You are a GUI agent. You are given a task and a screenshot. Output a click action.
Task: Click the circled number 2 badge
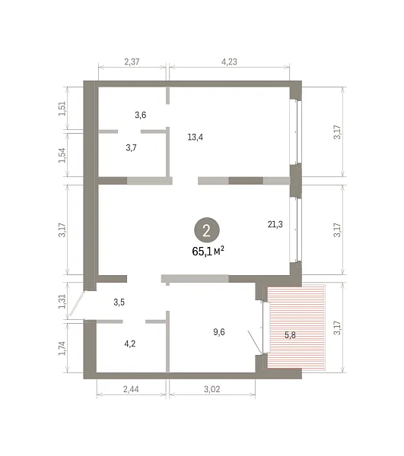click(x=207, y=230)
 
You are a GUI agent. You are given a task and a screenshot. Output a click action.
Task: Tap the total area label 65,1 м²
click(x=208, y=251)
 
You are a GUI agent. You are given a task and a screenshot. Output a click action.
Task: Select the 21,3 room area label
click(x=275, y=224)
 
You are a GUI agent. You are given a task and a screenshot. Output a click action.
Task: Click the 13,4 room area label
click(x=195, y=137)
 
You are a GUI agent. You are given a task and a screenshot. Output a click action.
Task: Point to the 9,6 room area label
click(x=219, y=332)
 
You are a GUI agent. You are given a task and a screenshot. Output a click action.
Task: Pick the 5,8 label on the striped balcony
click(x=290, y=335)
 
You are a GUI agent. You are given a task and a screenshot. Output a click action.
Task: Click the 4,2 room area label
click(x=130, y=344)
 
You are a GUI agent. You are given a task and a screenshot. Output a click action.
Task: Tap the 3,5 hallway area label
click(x=119, y=302)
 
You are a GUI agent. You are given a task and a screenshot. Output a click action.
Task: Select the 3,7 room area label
click(x=132, y=147)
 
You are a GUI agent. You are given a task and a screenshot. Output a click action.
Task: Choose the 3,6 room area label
click(x=141, y=115)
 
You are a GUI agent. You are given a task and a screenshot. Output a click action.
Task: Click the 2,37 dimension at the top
click(x=132, y=62)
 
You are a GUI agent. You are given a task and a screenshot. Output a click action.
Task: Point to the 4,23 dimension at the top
click(x=229, y=62)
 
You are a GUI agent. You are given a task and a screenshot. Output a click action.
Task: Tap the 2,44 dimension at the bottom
click(x=131, y=389)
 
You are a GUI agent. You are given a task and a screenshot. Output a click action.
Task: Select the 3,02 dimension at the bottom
click(x=212, y=389)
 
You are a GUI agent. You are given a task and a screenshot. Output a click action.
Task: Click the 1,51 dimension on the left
click(x=62, y=109)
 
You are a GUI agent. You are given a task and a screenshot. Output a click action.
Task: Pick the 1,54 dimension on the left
click(x=62, y=156)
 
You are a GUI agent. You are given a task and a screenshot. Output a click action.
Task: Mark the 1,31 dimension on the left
click(x=62, y=302)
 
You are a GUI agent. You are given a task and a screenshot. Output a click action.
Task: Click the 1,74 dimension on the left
click(x=62, y=348)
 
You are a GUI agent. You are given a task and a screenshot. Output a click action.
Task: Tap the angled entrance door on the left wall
click(x=77, y=305)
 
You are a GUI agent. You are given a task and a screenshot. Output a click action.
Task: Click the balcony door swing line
click(x=255, y=342)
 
